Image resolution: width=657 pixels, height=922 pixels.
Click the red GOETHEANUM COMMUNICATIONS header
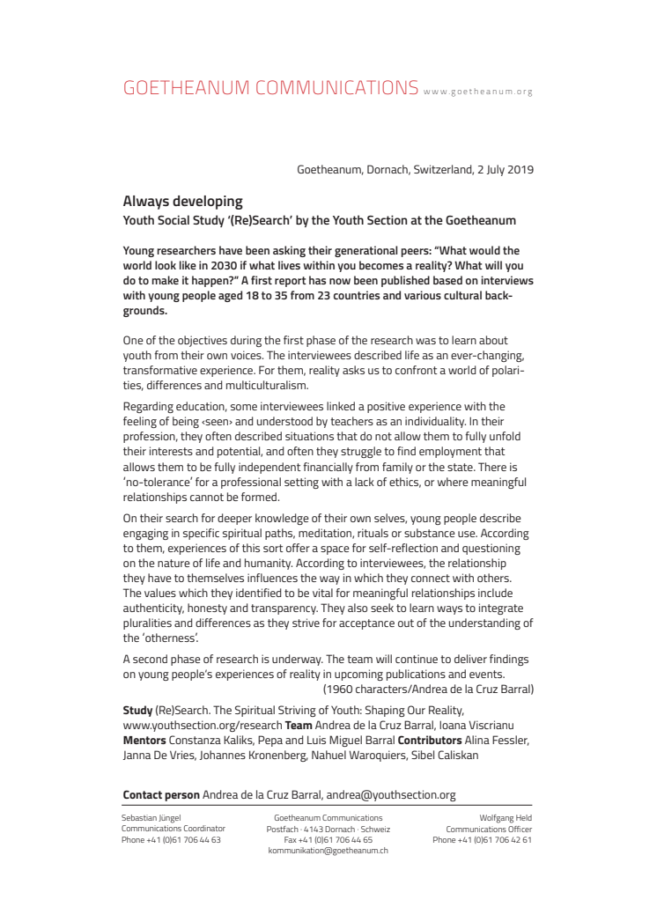[x=270, y=87]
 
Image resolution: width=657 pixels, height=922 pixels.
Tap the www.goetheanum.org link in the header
[x=477, y=91]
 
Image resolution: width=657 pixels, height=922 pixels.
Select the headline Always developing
[x=182, y=202]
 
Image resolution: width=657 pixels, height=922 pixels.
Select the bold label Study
[x=137, y=709]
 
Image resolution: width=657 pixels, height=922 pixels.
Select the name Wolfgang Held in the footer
[x=506, y=818]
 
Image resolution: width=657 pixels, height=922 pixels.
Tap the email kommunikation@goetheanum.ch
[x=328, y=851]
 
